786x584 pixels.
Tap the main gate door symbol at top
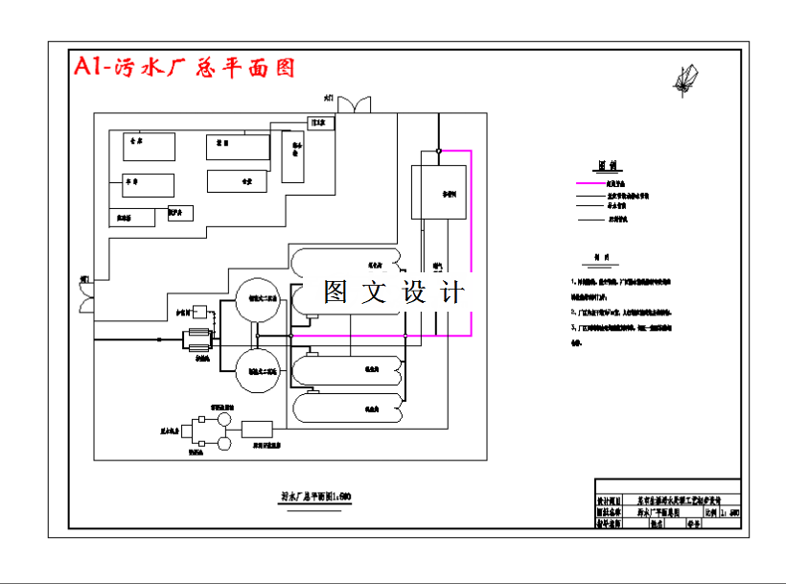click(x=352, y=101)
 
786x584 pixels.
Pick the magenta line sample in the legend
click(x=589, y=183)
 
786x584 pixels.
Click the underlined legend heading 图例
click(x=606, y=164)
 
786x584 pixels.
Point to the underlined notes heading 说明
click(x=602, y=257)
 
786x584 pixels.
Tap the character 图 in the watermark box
click(x=335, y=292)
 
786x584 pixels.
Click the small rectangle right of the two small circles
click(x=258, y=429)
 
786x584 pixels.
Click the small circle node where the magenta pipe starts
click(x=438, y=151)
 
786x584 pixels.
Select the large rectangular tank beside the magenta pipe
click(x=438, y=192)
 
